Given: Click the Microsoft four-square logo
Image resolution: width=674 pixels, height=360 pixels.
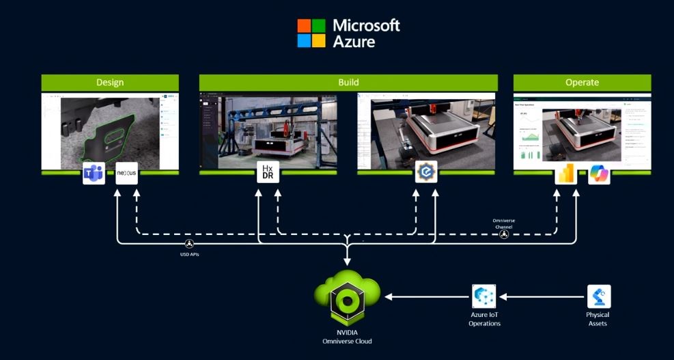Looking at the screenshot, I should click(x=311, y=33).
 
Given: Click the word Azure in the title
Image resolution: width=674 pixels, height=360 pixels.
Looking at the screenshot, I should click(x=354, y=41).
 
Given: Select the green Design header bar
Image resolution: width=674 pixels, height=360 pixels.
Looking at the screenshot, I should click(x=110, y=83).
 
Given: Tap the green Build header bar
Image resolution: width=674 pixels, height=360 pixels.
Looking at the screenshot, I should click(x=348, y=83).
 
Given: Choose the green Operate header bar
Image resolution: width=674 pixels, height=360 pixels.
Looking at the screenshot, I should click(x=582, y=83).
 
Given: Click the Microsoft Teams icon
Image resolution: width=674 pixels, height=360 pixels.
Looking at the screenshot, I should click(x=94, y=173).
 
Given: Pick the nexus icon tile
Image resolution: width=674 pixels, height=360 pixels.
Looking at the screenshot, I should click(x=126, y=173).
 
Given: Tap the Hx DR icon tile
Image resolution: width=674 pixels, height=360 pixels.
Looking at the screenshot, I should click(x=268, y=173).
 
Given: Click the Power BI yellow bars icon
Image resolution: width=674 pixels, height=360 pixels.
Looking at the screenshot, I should click(x=566, y=174).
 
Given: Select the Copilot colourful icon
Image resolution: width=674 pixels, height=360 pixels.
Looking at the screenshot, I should click(x=599, y=174).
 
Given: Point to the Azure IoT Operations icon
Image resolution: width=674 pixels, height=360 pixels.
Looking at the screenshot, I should click(x=484, y=296).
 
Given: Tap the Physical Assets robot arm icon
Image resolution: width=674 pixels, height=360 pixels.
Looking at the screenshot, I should click(x=598, y=296).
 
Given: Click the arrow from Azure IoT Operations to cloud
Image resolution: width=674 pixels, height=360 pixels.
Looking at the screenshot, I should click(x=427, y=296).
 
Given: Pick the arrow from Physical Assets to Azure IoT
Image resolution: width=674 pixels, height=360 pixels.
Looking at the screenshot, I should click(x=543, y=296).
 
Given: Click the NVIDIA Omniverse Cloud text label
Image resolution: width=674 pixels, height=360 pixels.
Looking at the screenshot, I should click(x=348, y=336).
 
